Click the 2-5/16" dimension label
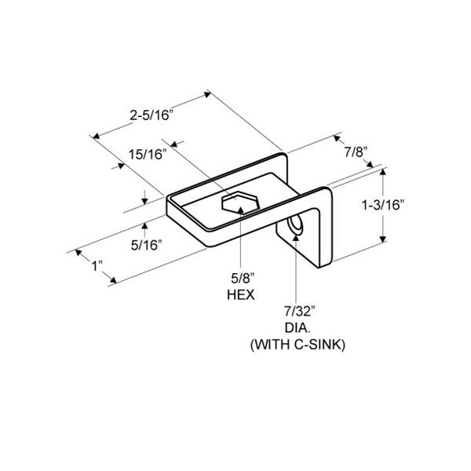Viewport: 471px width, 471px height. point(152,115)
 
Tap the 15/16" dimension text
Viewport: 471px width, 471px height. point(148,155)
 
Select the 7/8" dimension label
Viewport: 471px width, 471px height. point(356,152)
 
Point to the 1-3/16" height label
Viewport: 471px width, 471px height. point(383,206)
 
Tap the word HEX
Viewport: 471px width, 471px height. point(241,295)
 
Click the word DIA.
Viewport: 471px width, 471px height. point(297,328)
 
